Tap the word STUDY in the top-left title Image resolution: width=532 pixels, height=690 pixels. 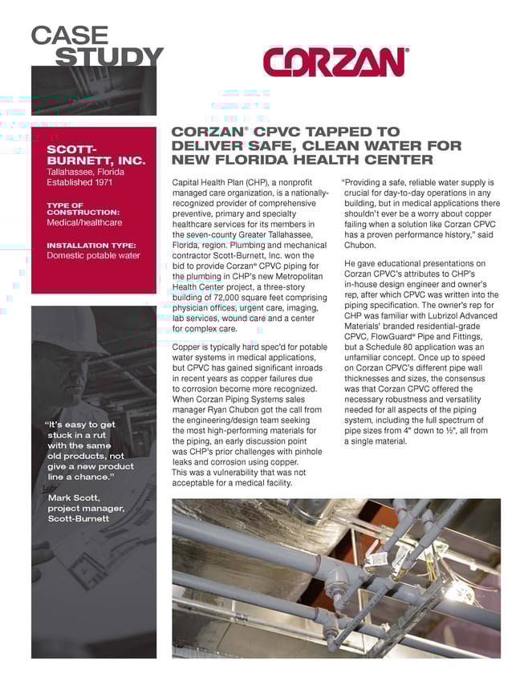(x=108, y=57)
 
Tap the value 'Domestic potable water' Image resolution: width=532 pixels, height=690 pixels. (x=93, y=256)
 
